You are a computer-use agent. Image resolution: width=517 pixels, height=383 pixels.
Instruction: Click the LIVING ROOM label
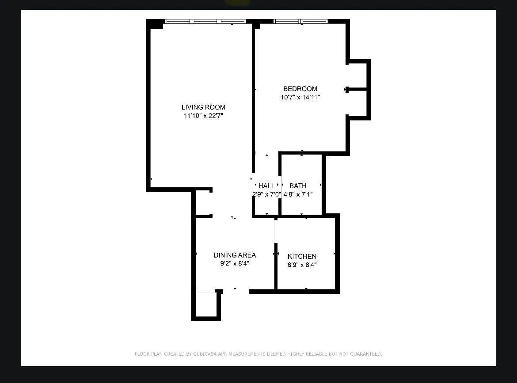point(203,107)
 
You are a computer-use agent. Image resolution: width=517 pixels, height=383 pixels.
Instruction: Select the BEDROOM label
point(300,89)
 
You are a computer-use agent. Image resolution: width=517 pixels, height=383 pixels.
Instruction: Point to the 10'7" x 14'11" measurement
point(300,98)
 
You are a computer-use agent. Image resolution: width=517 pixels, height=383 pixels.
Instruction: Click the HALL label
point(266,186)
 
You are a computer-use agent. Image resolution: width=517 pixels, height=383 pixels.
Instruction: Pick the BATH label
point(298,186)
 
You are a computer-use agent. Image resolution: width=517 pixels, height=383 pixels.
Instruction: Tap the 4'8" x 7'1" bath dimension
point(298,194)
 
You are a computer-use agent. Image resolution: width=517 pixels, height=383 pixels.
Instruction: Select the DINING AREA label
point(235,255)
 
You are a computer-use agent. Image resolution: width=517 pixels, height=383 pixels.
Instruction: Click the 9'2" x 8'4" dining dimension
point(235,264)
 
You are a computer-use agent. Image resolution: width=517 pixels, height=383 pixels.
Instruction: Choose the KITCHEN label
point(302,257)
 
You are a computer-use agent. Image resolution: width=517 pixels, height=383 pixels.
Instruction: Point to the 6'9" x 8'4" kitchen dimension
point(302,265)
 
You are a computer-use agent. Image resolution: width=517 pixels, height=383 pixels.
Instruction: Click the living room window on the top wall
point(205,21)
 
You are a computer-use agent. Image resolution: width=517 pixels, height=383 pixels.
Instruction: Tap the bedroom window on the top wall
point(300,21)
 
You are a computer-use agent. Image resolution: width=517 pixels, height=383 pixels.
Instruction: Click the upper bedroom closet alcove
point(357,76)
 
